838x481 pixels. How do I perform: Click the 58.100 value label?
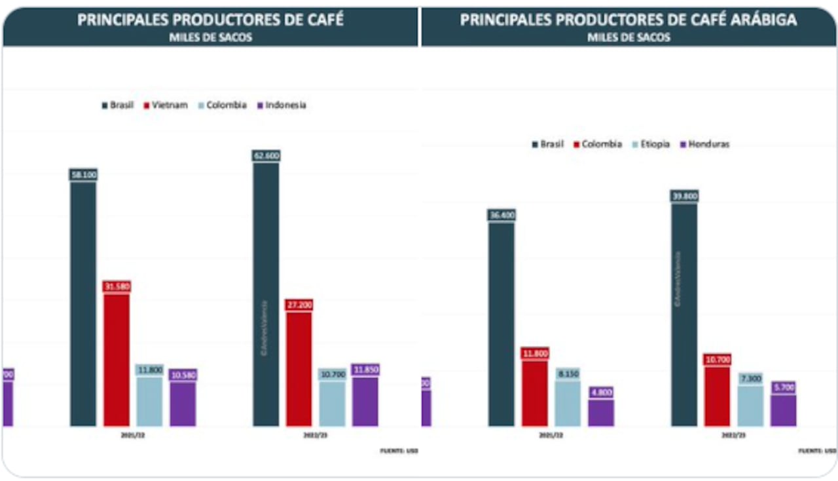83,174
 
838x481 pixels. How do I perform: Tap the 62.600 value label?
266,156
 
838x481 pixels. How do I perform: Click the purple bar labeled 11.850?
365,401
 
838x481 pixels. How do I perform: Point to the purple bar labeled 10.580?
183,404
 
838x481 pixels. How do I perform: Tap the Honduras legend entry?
705,144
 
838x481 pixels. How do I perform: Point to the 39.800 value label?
684,196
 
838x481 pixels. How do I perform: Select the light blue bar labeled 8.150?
568,403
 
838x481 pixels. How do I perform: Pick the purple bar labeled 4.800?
601,413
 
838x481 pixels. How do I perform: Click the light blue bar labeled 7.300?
750,406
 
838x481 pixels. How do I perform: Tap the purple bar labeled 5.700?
784,410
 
